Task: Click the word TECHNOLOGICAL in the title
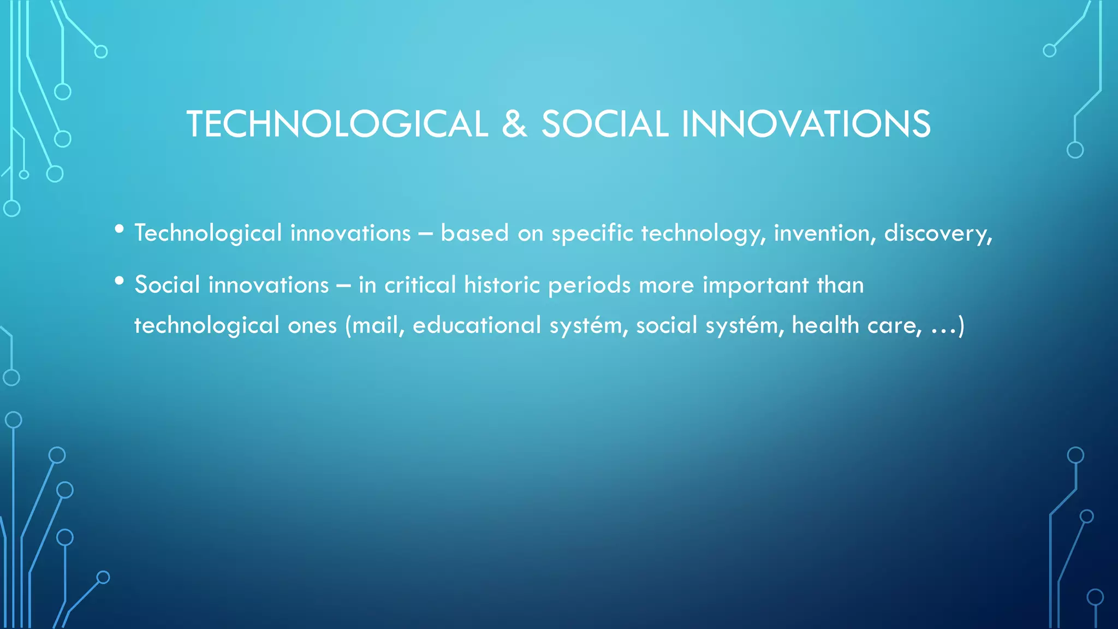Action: click(x=337, y=124)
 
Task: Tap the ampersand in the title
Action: click(x=514, y=124)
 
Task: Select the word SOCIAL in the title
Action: click(x=604, y=124)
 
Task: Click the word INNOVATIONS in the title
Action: click(x=805, y=124)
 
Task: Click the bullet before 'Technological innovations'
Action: click(x=119, y=230)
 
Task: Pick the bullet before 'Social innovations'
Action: click(x=119, y=282)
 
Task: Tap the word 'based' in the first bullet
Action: click(x=467, y=233)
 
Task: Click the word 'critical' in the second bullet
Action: click(x=420, y=285)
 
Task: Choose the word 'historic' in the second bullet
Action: click(x=502, y=285)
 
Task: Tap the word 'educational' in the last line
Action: click(x=477, y=325)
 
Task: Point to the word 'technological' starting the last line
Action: click(x=207, y=326)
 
